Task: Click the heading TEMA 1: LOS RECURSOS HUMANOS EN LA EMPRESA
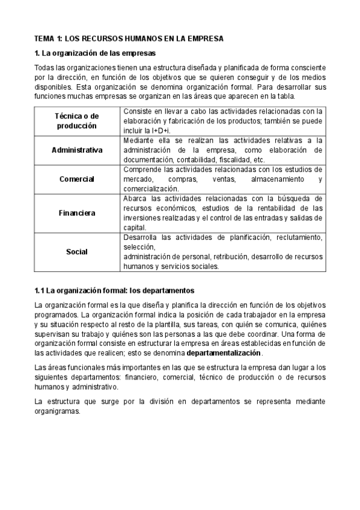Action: tap(129, 38)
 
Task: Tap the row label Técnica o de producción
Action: tap(77, 121)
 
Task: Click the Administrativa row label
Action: tap(77, 150)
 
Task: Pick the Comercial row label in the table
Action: tap(77, 179)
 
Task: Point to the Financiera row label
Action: tap(77, 212)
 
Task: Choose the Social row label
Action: tap(77, 251)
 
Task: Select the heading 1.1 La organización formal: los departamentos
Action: tap(114, 289)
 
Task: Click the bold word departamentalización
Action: tap(224, 352)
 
